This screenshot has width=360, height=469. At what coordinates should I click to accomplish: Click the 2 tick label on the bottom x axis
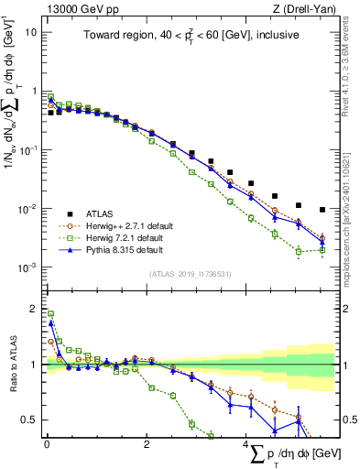pyautogui.click(x=147, y=446)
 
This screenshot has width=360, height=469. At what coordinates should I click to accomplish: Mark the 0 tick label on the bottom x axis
pyautogui.click(x=47, y=446)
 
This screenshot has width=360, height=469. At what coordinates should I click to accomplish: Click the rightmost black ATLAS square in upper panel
pyautogui.click(x=322, y=210)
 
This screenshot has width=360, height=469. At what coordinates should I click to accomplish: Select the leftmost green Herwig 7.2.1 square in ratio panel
pyautogui.click(x=50, y=314)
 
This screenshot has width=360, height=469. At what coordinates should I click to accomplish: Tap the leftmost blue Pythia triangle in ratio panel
pyautogui.click(x=50, y=322)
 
